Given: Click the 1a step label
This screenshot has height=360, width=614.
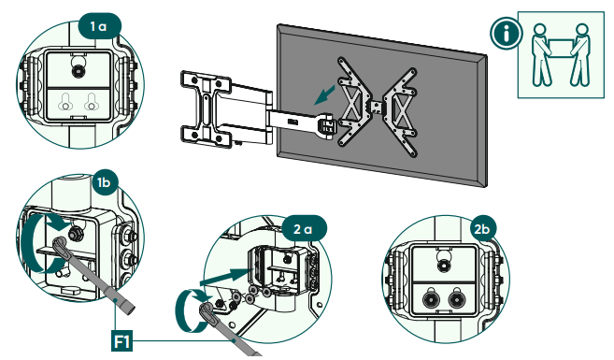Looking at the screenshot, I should pyautogui.click(x=99, y=26).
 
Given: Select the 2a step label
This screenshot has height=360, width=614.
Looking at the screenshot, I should pyautogui.click(x=302, y=228).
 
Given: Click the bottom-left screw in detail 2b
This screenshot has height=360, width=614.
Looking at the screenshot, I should pyautogui.click(x=432, y=299).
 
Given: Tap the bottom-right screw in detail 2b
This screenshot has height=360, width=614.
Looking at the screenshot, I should pyautogui.click(x=459, y=299).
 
